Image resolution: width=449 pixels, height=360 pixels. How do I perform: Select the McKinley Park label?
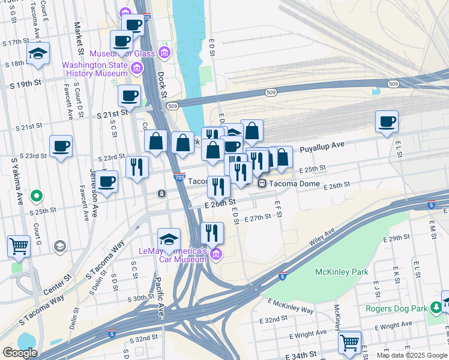coord(342,272)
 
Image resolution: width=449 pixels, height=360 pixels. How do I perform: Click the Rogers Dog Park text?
coord(396,309)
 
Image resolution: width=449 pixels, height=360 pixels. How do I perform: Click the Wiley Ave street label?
coord(321,239)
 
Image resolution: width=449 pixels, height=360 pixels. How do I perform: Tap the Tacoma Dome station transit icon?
coord(262,184)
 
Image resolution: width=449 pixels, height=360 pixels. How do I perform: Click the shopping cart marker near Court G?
coord(19,246)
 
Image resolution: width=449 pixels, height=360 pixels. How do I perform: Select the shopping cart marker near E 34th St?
coord(350,343)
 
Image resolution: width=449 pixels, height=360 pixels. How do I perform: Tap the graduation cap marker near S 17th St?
coord(38,55)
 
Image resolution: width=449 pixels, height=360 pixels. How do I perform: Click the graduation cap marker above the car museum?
coord(169,239)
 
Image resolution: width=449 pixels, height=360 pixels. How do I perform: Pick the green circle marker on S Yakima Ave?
coord(37,195)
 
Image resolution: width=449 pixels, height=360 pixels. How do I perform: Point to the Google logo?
coord(20,353)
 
